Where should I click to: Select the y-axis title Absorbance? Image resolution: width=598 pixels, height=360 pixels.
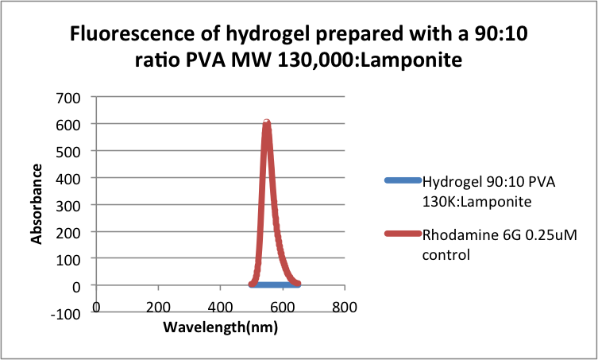click(x=36, y=203)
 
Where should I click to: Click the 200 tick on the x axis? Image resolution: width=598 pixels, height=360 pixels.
click(x=159, y=307)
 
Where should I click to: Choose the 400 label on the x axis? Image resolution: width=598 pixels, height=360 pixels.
click(x=221, y=307)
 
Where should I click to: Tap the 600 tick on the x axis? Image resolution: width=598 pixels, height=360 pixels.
click(x=283, y=307)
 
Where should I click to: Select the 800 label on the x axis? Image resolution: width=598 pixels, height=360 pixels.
click(x=344, y=307)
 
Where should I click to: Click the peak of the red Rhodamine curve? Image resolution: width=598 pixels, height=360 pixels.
click(x=267, y=122)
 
